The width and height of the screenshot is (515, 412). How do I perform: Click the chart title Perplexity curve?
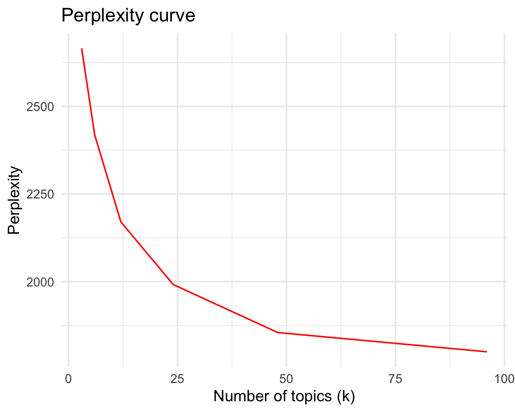point(128,16)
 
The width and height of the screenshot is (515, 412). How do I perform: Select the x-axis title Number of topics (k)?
point(285,396)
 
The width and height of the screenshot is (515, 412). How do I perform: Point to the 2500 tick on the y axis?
point(40,106)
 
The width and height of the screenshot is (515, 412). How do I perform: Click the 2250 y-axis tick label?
point(40,194)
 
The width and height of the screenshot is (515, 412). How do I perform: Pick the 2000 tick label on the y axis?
point(40,282)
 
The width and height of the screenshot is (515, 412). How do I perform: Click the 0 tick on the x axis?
point(69,378)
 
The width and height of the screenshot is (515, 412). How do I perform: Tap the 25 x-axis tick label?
point(177,378)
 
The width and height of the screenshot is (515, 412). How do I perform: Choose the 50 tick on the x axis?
point(286,378)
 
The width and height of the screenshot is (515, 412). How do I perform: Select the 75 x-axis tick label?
point(395,378)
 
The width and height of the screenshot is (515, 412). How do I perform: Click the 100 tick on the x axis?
point(504,378)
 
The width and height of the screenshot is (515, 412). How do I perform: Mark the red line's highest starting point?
point(82,49)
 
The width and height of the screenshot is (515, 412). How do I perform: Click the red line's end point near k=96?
point(486,352)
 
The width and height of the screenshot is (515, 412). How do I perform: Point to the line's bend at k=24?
point(173,284)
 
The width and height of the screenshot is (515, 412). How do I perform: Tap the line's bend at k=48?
point(277,333)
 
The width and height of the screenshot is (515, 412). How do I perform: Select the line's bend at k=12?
point(121,222)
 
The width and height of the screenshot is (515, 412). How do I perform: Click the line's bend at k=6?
point(95,135)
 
